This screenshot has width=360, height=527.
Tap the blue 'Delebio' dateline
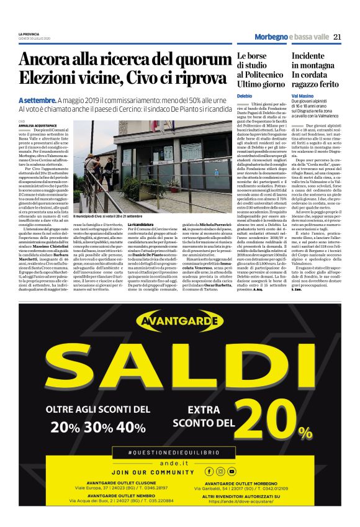[244, 96]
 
